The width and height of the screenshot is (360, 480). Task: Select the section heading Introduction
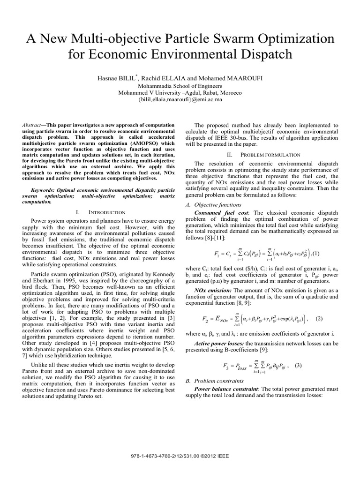tap(107, 212)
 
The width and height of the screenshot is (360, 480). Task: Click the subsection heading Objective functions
tap(217, 205)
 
